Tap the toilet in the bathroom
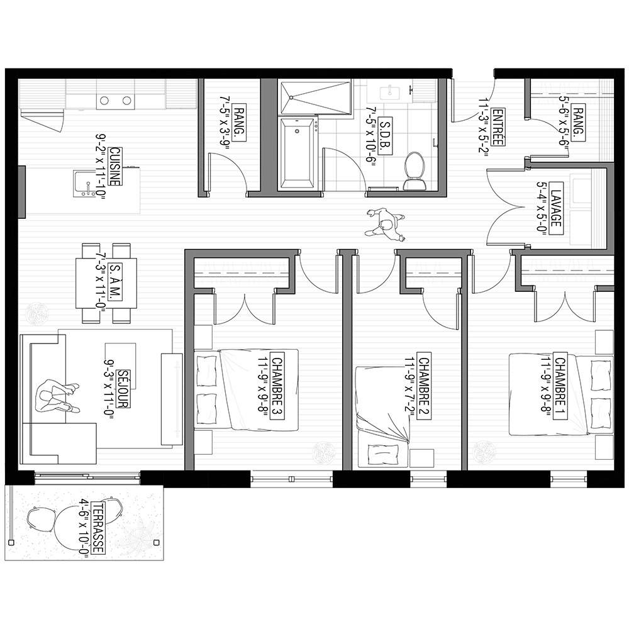[415, 171]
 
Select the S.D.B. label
[386, 136]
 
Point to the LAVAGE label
[555, 204]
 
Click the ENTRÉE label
[498, 127]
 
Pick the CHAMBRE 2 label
[423, 386]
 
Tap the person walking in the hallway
[385, 225]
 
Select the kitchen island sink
[85, 184]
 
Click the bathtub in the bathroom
[298, 153]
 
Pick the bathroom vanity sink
[389, 93]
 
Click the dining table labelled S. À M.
[106, 283]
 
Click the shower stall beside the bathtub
[315, 97]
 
